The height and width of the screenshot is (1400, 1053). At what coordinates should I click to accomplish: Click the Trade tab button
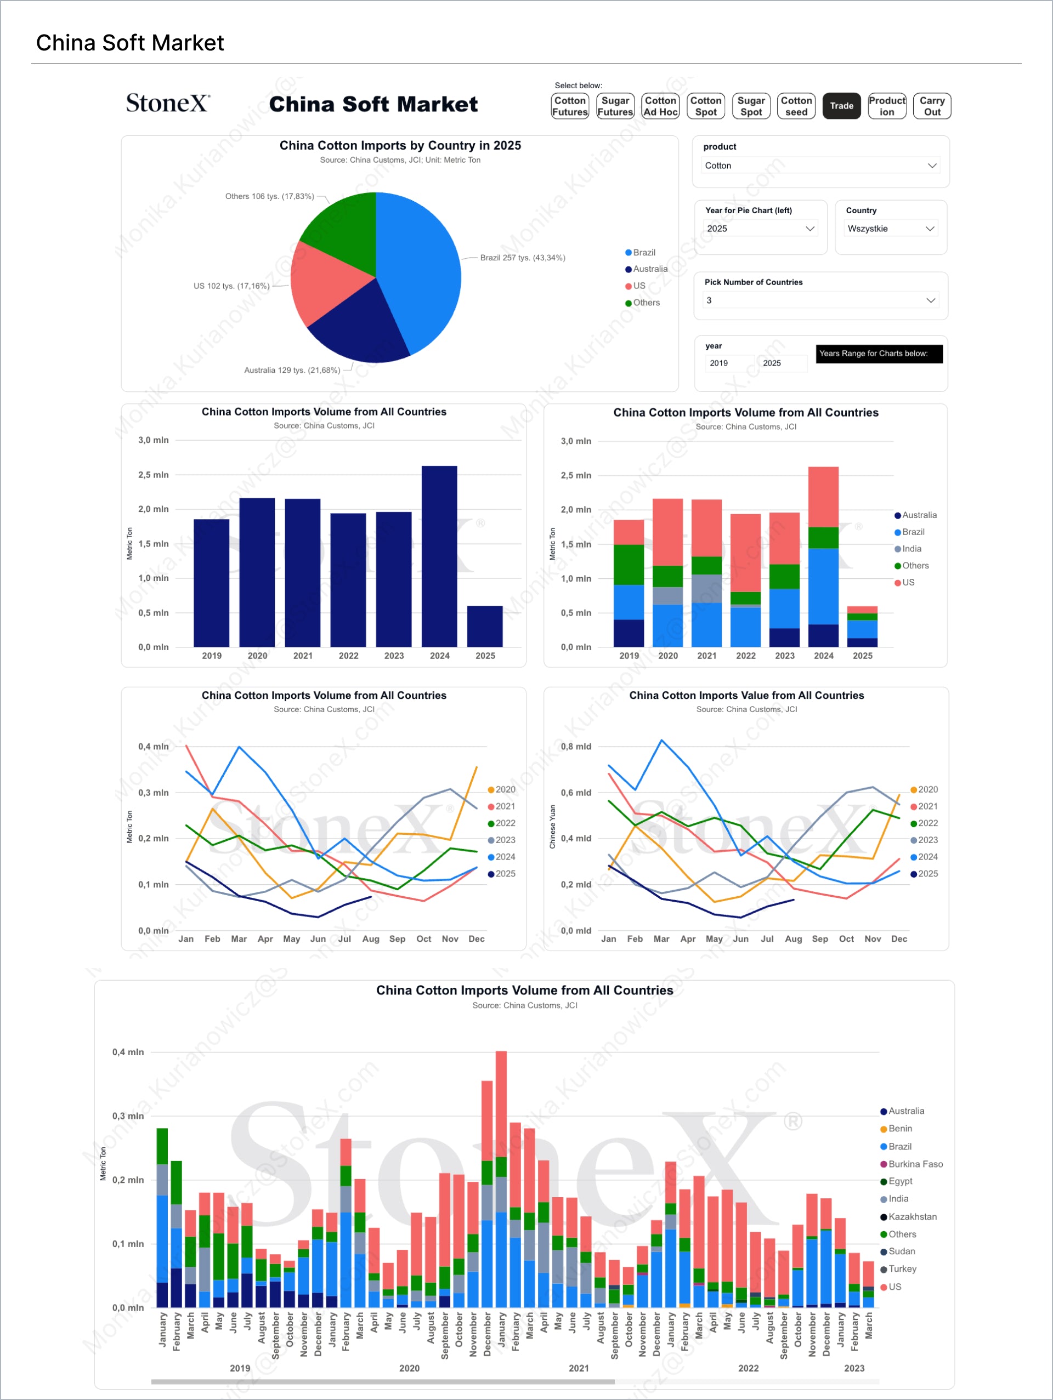coord(841,106)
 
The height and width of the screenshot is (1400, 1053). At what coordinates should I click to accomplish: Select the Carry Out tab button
coord(931,106)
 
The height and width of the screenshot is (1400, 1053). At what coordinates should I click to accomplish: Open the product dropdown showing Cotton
coord(820,166)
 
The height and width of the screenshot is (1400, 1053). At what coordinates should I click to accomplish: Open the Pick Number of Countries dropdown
coord(820,300)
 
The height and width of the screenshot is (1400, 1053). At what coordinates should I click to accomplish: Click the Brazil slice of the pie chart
coord(424,272)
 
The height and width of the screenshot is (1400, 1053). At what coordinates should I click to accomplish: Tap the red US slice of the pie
coord(323,285)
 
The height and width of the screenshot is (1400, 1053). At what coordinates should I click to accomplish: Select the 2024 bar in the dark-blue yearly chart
coord(439,557)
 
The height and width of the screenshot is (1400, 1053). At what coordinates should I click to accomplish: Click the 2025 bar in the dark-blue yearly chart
coord(485,627)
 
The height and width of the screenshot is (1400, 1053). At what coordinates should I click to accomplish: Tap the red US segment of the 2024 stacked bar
coord(823,497)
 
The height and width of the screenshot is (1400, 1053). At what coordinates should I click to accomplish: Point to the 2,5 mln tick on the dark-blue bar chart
coord(153,475)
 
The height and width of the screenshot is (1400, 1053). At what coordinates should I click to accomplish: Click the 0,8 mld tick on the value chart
coord(575,747)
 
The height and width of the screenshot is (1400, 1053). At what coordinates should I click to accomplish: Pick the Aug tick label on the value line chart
coord(794,939)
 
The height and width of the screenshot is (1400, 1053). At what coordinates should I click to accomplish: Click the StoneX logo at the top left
coord(168,103)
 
